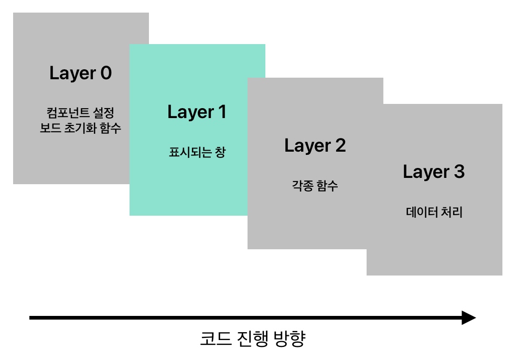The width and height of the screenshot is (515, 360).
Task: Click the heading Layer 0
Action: click(x=80, y=73)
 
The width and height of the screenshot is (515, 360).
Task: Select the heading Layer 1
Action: click(x=197, y=112)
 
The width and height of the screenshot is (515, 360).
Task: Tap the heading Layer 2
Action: click(x=315, y=146)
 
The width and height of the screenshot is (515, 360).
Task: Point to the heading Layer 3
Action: click(x=433, y=172)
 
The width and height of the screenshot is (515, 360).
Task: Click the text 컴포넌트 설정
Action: click(x=80, y=113)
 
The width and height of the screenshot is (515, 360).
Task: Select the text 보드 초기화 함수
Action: click(x=80, y=128)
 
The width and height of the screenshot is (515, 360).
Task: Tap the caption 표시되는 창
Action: click(x=197, y=153)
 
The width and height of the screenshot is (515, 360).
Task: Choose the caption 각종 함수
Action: click(x=315, y=185)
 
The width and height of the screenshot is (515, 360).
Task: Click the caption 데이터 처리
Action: click(x=434, y=213)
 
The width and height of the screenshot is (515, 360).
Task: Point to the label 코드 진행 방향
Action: click(x=252, y=338)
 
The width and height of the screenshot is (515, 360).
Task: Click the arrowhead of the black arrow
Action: click(x=468, y=317)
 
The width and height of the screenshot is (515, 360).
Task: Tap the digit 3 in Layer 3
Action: click(x=458, y=172)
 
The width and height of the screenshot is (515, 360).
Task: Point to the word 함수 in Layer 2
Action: click(x=327, y=185)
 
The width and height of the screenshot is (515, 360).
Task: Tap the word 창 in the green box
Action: click(x=220, y=153)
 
